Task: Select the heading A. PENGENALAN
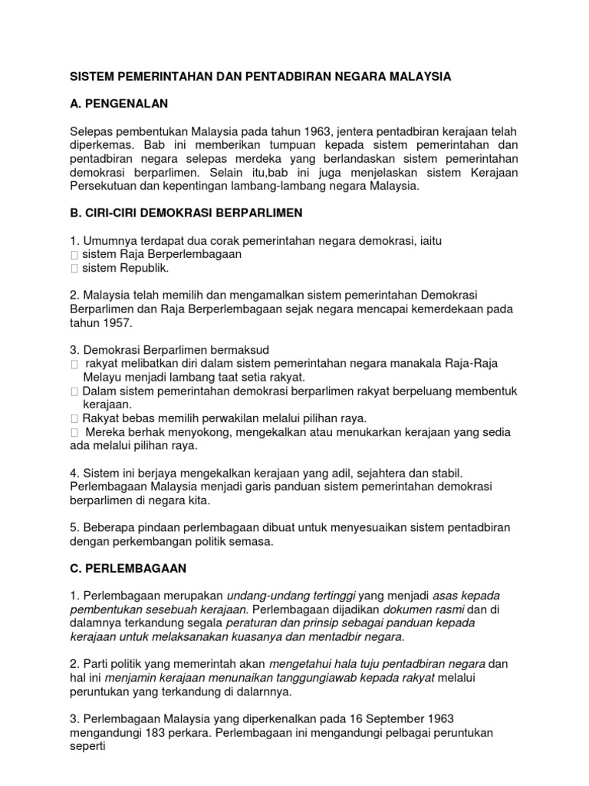tap(120, 102)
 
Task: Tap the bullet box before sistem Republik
tap(74, 269)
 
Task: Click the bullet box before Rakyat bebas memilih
tap(74, 418)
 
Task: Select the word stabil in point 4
tap(444, 472)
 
